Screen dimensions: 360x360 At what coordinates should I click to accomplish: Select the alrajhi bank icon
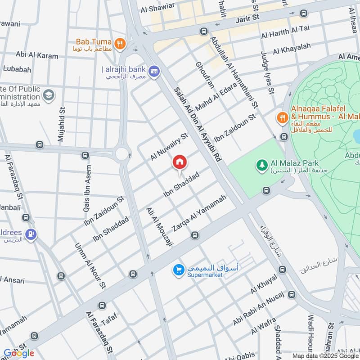pos(154,72)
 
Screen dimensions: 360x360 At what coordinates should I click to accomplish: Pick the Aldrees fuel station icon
pos(31,234)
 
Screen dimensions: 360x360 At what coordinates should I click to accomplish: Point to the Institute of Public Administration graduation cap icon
pos(49,95)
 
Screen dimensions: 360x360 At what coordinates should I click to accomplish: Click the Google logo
pos(19,353)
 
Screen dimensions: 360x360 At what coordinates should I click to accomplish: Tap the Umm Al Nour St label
pos(90,266)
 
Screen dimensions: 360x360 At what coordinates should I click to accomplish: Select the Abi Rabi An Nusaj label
pos(258,309)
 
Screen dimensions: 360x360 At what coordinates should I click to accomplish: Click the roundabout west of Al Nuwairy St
pos(121,154)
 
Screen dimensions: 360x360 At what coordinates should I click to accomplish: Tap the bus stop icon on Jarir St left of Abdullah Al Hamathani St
pos(204,31)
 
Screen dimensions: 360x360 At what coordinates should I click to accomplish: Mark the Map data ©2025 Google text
pos(326,355)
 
